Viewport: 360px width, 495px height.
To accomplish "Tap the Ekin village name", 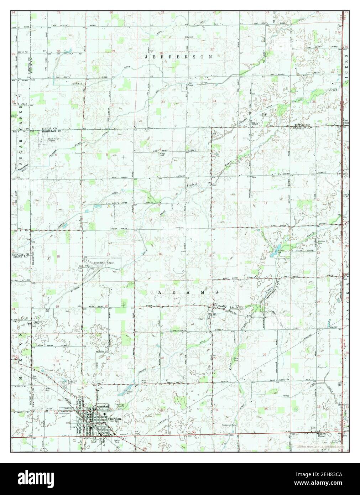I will (x=255, y=124).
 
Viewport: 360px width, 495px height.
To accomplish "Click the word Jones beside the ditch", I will (x=286, y=396).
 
